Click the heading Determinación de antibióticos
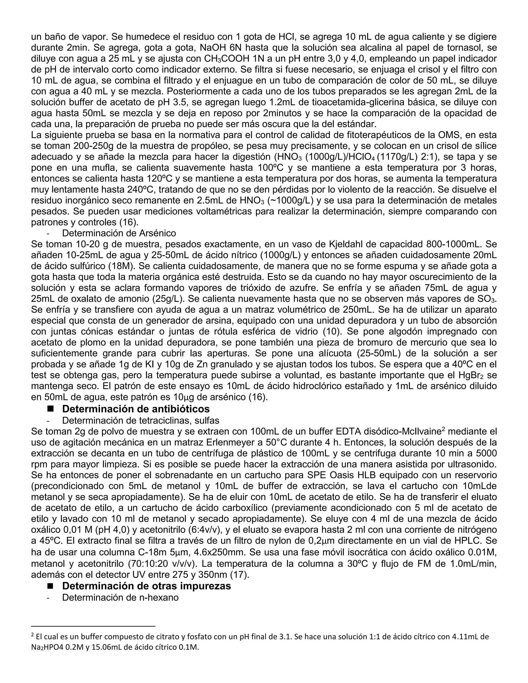(x=136, y=409)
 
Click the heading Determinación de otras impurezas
(x=146, y=586)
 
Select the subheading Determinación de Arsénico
(x=119, y=233)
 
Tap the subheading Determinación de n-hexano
(x=120, y=598)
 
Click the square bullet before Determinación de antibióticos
(x=50, y=409)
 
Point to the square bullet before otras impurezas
(x=50, y=586)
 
